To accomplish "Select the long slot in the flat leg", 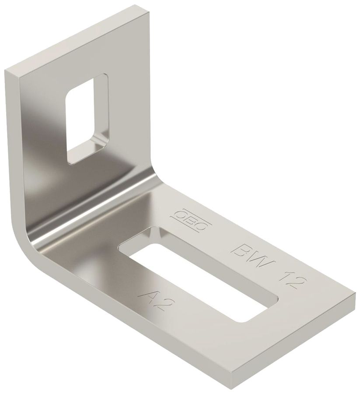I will (199, 274).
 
